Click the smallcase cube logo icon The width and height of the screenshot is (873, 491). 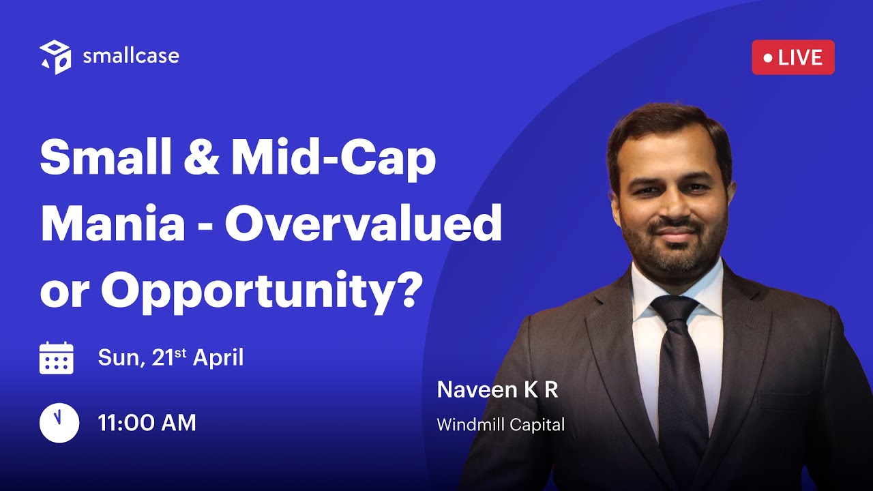pyautogui.click(x=55, y=57)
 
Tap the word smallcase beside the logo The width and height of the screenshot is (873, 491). pyautogui.click(x=131, y=56)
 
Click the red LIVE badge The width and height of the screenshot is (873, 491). pyautogui.click(x=793, y=57)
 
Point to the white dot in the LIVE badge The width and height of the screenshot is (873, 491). pyautogui.click(x=768, y=58)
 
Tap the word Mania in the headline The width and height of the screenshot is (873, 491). pyautogui.click(x=113, y=225)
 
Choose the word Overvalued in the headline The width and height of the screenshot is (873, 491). pyautogui.click(x=364, y=225)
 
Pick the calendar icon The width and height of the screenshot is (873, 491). pyautogui.click(x=57, y=357)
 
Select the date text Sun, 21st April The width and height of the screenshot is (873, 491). pyautogui.click(x=171, y=357)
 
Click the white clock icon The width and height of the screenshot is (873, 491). pyautogui.click(x=59, y=423)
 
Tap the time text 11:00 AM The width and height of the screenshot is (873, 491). pyautogui.click(x=147, y=423)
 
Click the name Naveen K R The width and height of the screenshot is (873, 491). pyautogui.click(x=497, y=389)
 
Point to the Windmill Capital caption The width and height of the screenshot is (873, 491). pyautogui.click(x=501, y=425)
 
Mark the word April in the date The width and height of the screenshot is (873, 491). pyautogui.click(x=218, y=357)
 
